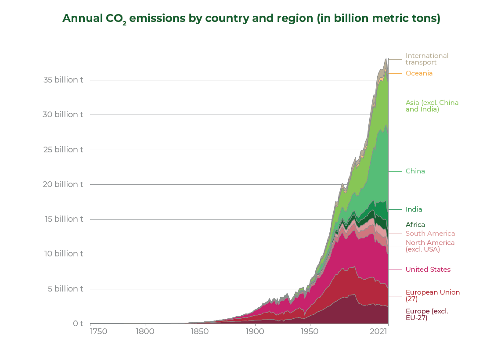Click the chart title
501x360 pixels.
[251, 19]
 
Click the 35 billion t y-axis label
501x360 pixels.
[63, 80]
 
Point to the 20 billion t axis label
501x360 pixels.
[63, 184]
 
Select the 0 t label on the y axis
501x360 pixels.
[78, 324]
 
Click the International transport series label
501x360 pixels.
[427, 59]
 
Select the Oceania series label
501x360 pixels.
[419, 73]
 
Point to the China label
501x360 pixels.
[415, 171]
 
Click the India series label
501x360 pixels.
[414, 209]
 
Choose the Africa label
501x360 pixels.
[415, 225]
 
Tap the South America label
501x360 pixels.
[430, 234]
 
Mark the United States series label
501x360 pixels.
[428, 270]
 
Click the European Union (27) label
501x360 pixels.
[433, 295]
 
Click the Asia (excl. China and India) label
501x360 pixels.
[432, 106]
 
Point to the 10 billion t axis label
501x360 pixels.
[63, 254]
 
